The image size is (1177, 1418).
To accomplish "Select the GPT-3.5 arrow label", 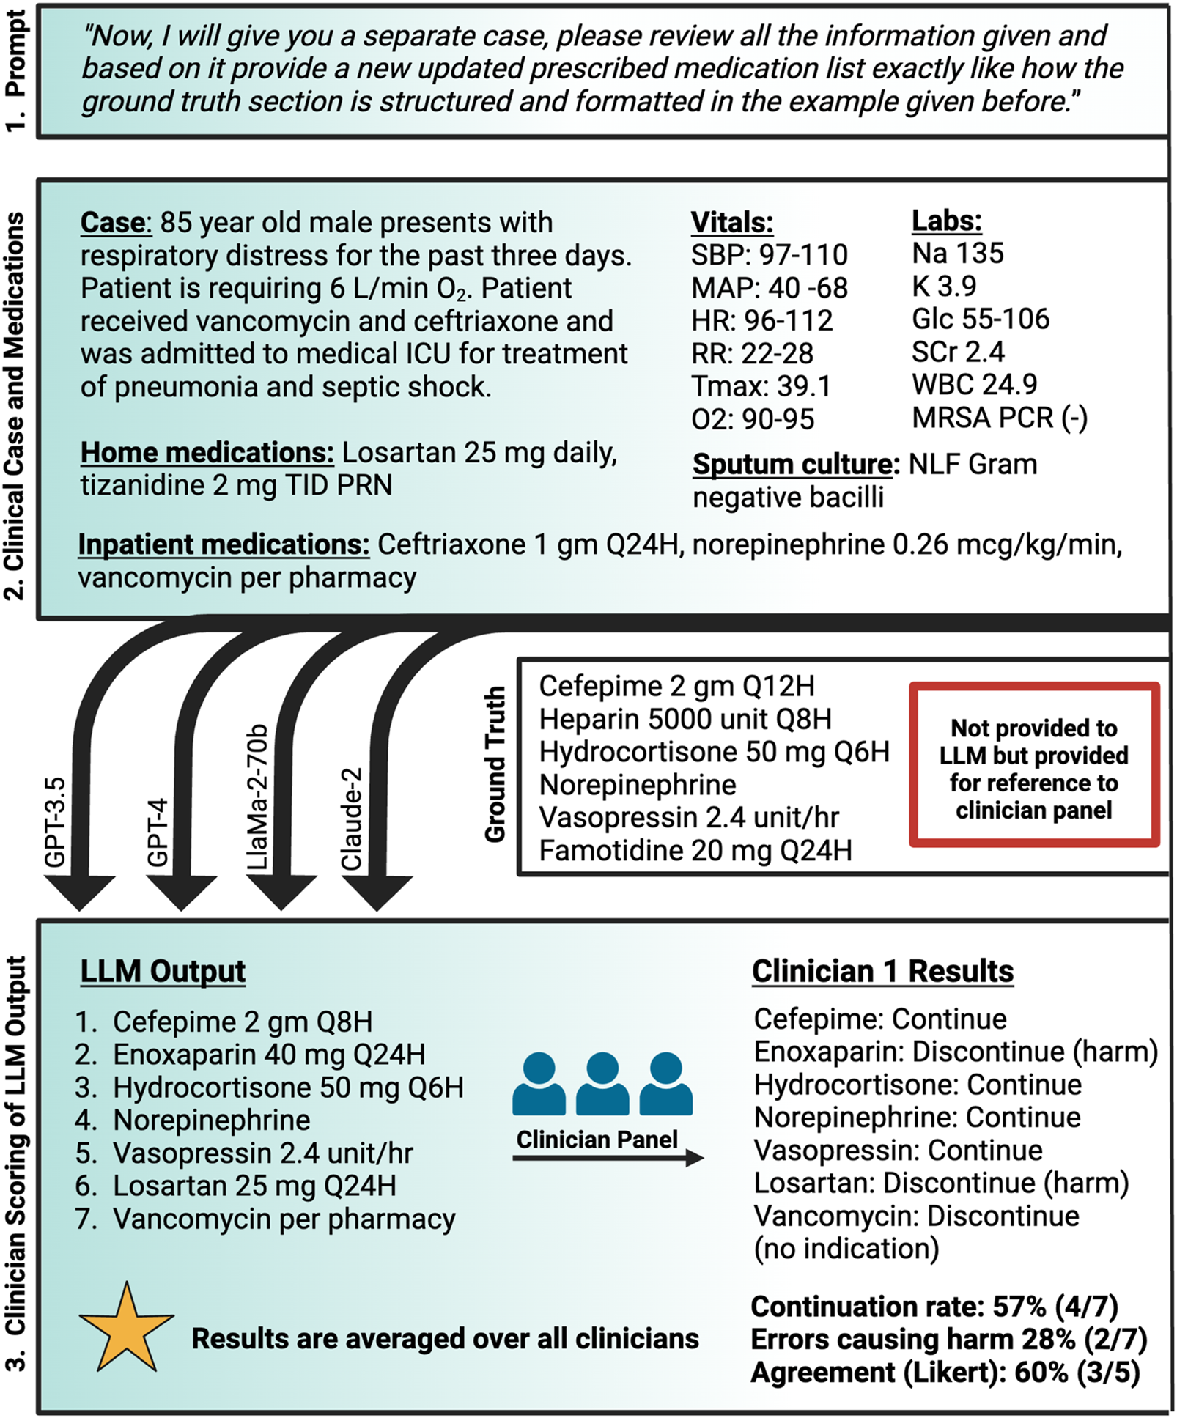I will [56, 822].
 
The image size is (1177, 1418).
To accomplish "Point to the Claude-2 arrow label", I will [353, 819].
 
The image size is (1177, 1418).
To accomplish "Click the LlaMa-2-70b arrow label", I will [257, 797].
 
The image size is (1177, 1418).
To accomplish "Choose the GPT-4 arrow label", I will [158, 833].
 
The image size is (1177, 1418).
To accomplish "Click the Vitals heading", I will [731, 222].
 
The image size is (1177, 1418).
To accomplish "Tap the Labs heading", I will [946, 221].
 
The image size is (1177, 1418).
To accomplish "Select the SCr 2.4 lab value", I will [957, 352].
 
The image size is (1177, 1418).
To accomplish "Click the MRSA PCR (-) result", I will [999, 418].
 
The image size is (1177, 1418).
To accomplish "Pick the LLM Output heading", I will [163, 971].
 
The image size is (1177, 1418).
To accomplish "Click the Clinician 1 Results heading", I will [882, 971].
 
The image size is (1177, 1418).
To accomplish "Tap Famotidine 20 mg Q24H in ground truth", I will [695, 851].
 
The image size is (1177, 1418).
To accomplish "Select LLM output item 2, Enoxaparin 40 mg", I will [268, 1055].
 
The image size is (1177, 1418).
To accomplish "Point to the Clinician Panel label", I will [597, 1140].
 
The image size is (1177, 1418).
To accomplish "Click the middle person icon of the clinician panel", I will [602, 1084].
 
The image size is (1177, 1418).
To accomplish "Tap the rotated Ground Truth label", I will [495, 764].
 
